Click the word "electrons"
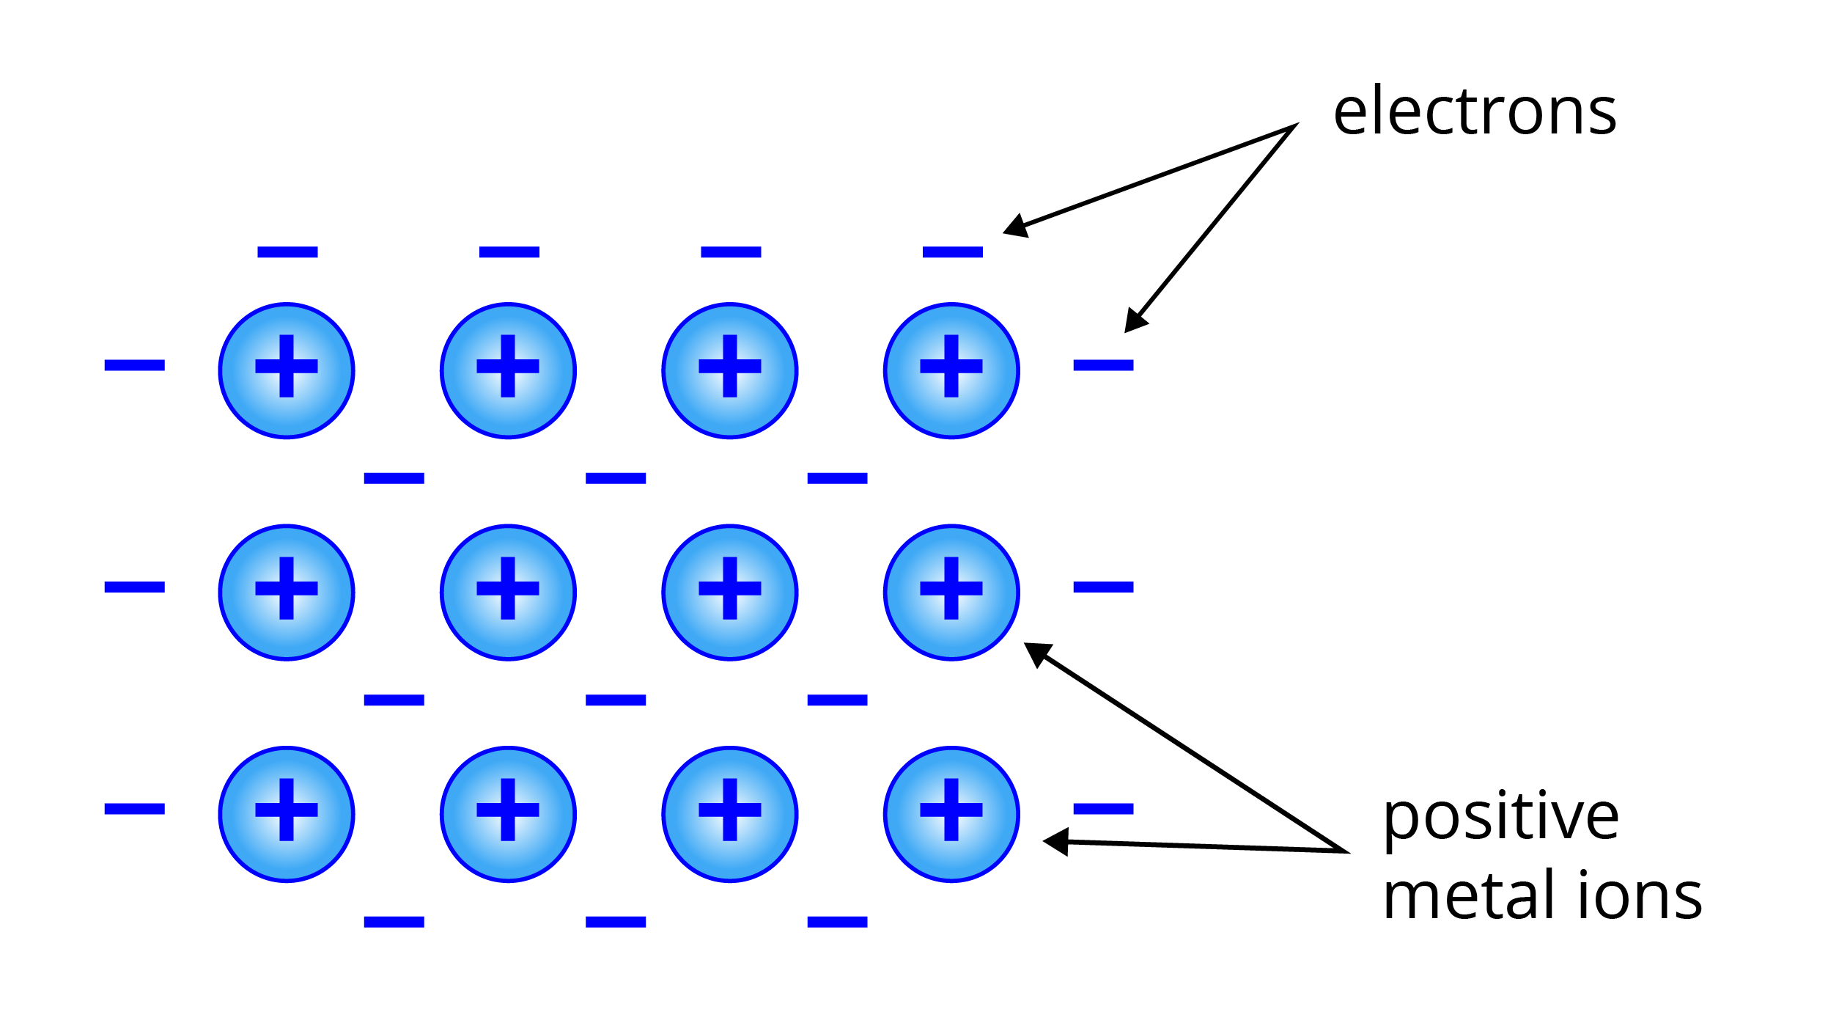click(1474, 111)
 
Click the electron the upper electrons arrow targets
click(952, 252)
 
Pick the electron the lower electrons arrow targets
click(1103, 365)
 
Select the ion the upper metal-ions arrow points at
click(951, 593)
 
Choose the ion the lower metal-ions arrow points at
click(951, 814)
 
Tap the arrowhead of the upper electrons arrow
click(1016, 227)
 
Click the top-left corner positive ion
click(287, 371)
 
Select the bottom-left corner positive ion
click(287, 814)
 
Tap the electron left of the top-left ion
click(135, 365)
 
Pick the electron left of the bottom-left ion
click(135, 809)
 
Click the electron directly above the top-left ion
click(287, 252)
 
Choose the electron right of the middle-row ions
click(1103, 587)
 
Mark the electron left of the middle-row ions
click(135, 587)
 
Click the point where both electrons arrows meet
click(1294, 126)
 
